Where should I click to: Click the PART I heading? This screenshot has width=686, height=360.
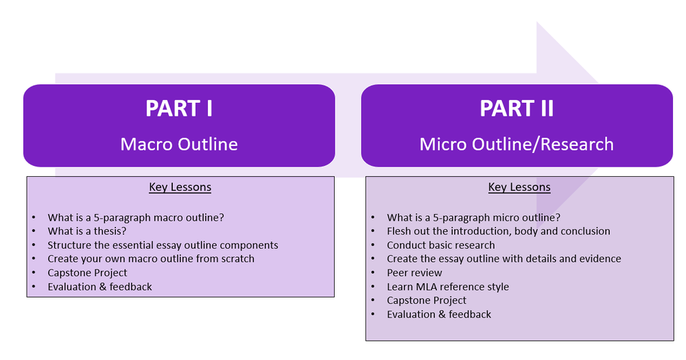pyautogui.click(x=179, y=109)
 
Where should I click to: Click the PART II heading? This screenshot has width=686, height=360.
pyautogui.click(x=517, y=109)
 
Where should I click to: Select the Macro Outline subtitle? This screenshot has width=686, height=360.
pyautogui.click(x=179, y=144)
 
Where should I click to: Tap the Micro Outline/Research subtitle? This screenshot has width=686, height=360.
pyautogui.click(x=517, y=144)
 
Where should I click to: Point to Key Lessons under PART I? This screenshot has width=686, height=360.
pyautogui.click(x=180, y=187)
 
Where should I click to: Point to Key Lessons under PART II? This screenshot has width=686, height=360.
pyautogui.click(x=519, y=187)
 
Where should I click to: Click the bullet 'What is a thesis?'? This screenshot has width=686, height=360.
pyautogui.click(x=92, y=231)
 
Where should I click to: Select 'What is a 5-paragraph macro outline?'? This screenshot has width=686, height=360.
pyautogui.click(x=136, y=217)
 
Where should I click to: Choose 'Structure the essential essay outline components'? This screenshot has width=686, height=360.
pyautogui.click(x=163, y=245)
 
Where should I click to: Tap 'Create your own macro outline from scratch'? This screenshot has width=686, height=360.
pyautogui.click(x=151, y=259)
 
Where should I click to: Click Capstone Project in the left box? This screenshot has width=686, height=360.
pyautogui.click(x=87, y=273)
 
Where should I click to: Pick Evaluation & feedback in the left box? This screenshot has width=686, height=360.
pyautogui.click(x=99, y=287)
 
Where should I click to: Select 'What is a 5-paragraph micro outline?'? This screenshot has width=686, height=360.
pyautogui.click(x=473, y=217)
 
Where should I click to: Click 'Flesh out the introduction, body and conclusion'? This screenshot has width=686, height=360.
pyautogui.click(x=498, y=231)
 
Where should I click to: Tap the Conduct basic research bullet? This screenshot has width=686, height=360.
pyautogui.click(x=440, y=245)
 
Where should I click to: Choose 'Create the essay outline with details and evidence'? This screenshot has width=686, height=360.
pyautogui.click(x=504, y=259)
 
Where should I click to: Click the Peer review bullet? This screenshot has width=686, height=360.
pyautogui.click(x=414, y=273)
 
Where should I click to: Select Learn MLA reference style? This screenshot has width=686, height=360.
pyautogui.click(x=447, y=287)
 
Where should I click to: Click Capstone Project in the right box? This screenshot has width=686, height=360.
pyautogui.click(x=426, y=300)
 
